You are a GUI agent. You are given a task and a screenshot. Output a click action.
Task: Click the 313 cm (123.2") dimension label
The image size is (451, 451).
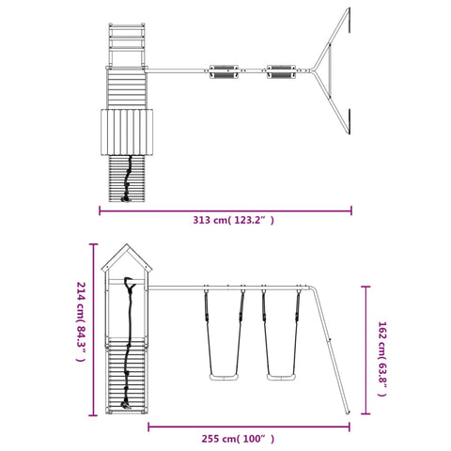[233, 220]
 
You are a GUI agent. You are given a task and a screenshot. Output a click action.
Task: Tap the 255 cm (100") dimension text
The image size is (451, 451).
[238, 439]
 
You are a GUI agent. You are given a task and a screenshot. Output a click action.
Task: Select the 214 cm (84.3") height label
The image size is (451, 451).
[81, 322]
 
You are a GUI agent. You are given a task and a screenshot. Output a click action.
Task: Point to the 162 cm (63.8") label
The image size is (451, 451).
[382, 359]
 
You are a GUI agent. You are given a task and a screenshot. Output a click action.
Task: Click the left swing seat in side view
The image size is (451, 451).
[224, 377]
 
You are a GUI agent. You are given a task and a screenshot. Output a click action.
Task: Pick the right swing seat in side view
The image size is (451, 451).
[281, 377]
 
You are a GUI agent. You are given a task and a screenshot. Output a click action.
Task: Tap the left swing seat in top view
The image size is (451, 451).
[224, 71]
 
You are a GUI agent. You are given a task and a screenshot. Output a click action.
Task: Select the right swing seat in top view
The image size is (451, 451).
[281, 71]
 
